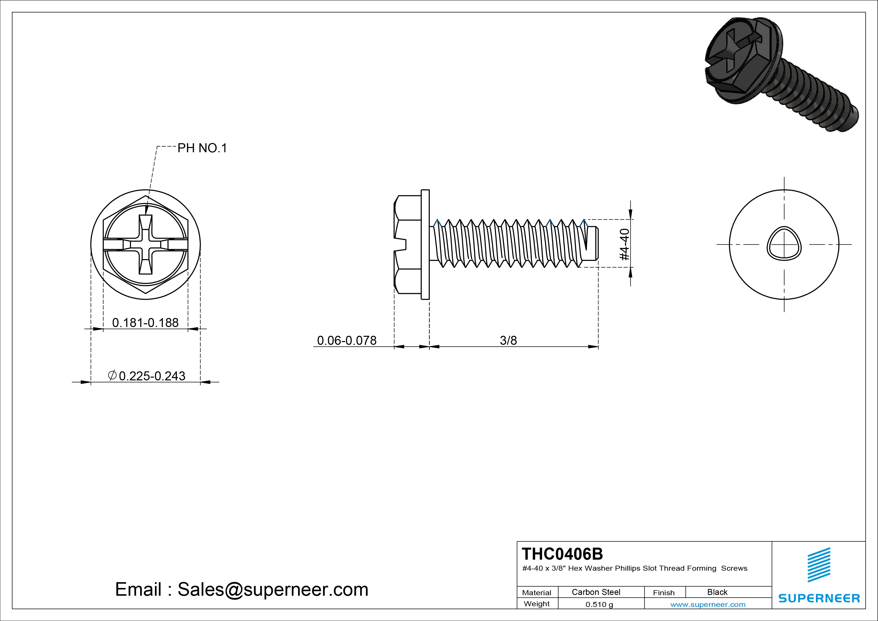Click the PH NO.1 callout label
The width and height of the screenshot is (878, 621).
point(202,148)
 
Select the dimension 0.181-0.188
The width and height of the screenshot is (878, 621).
point(145,323)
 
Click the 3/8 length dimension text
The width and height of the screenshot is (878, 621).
point(508,340)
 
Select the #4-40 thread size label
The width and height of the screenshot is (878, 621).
point(624,244)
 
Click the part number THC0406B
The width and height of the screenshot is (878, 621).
point(562,554)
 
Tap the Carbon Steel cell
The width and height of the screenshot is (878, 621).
point(596,592)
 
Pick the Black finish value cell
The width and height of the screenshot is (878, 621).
point(717,592)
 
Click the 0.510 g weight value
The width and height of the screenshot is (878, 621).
point(599,604)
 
